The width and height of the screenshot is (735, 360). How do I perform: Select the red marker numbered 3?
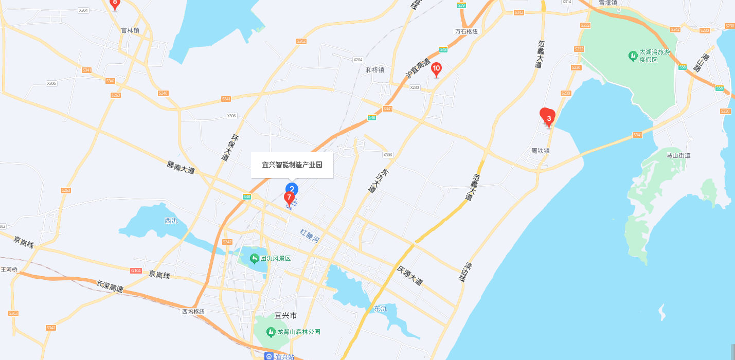548,118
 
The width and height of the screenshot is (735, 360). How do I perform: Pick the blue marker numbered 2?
292,189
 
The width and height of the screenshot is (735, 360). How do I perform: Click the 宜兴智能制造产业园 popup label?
292,165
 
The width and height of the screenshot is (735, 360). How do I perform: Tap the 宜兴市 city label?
286,315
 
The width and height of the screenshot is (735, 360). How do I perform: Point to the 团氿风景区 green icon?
254,258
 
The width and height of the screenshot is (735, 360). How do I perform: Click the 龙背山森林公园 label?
299,332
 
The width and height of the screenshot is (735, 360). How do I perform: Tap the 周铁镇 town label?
541,151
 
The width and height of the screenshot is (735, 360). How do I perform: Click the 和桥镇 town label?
375,70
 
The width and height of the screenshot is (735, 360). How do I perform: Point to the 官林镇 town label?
130,30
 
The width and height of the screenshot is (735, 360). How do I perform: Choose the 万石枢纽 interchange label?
466,31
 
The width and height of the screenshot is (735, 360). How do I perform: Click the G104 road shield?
136,271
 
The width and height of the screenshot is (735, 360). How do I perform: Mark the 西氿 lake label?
171,221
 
